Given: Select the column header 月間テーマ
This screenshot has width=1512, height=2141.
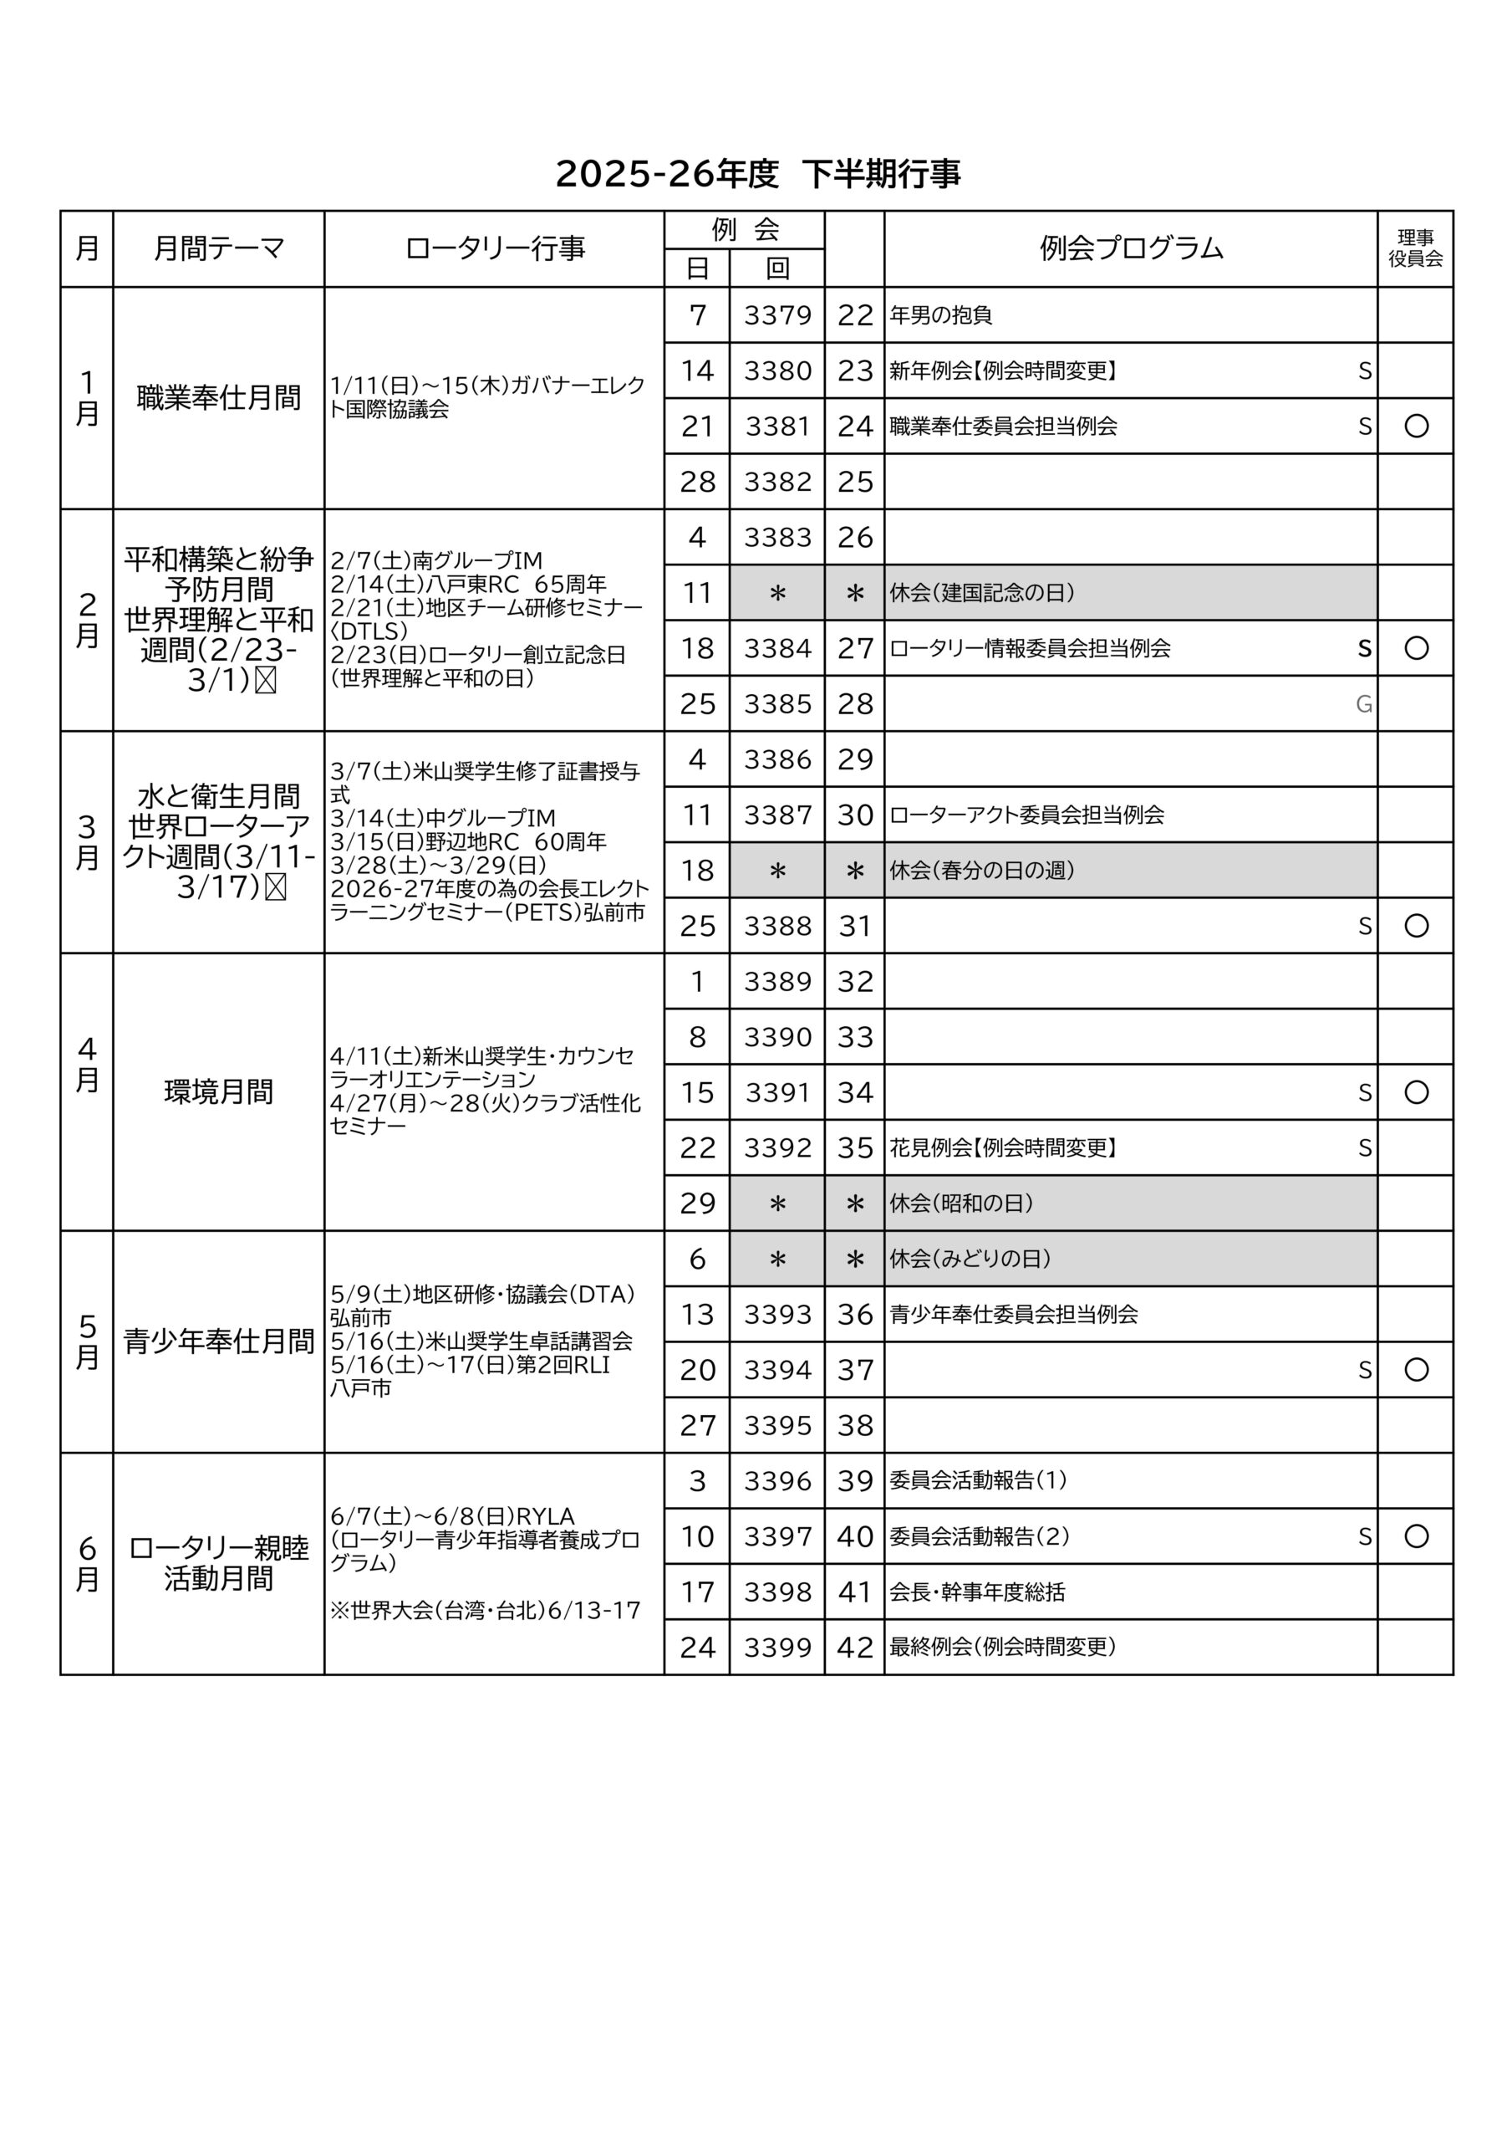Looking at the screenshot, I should pos(218,249).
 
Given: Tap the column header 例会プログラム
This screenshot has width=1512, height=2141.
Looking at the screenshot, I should pos(1130,249).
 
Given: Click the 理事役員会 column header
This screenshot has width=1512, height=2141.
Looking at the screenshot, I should pos(1414,249).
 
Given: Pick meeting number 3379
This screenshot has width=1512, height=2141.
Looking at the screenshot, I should pos(776,315).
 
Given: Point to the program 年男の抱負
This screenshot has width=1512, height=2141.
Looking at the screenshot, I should pos(940,315).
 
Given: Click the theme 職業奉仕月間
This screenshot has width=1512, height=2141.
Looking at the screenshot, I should pos(218,398).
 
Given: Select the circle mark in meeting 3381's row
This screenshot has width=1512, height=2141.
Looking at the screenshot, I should pos(1415,427).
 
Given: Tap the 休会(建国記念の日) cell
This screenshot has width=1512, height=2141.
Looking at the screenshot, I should pos(981,593).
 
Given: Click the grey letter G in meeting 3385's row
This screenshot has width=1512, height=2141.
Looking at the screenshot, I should pos(1363,704).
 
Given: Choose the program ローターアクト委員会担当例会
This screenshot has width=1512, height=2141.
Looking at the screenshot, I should pos(1026,815).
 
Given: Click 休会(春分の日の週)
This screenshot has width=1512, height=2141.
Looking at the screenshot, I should pos(981,870).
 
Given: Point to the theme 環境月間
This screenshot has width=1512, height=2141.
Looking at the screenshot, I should pos(218,1092).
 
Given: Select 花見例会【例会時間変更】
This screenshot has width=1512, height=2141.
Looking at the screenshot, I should pos(1002,1148).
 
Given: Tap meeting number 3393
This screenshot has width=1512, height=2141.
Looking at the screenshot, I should pos(776,1315).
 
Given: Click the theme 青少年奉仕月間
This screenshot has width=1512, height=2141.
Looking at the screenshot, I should pos(218,1341).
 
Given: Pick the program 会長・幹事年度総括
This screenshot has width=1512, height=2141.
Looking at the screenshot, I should pos(976,1592).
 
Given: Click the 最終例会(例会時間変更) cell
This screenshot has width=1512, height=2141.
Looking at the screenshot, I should pos(1002,1647).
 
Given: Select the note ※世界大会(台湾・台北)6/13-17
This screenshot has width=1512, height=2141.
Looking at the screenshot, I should pos(485,1611).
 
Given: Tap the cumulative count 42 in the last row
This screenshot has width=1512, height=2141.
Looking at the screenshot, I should pos(854,1648).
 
